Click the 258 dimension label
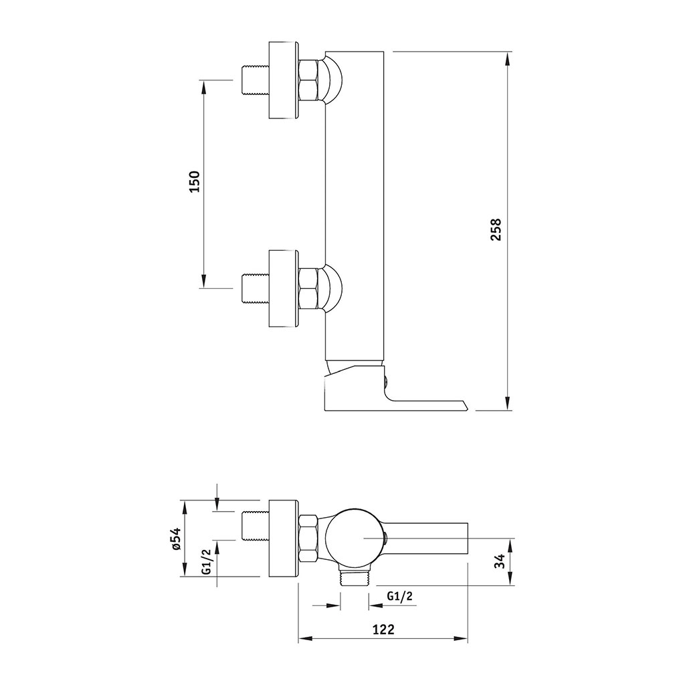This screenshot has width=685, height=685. [496, 230]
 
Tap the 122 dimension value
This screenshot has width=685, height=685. [383, 629]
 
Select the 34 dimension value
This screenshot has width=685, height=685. [500, 561]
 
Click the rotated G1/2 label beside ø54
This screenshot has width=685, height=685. [207, 561]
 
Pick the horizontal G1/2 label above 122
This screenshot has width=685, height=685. [400, 595]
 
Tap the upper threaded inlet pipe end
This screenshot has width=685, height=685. [255, 80]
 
